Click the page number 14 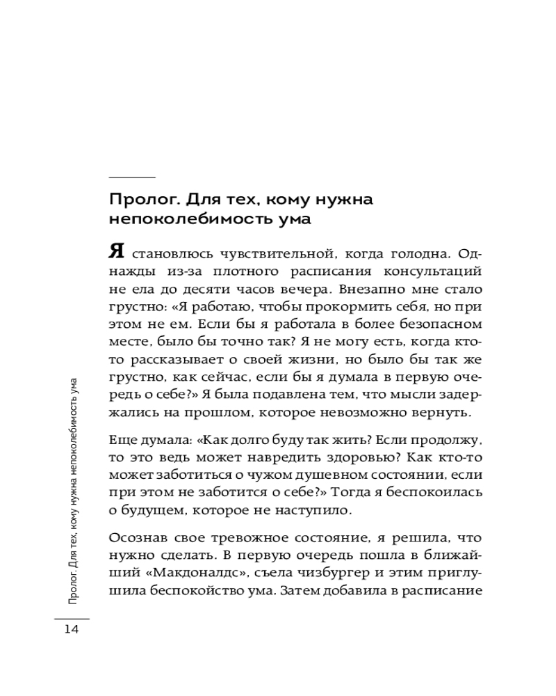coord(72,630)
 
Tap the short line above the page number coord(72,618)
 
